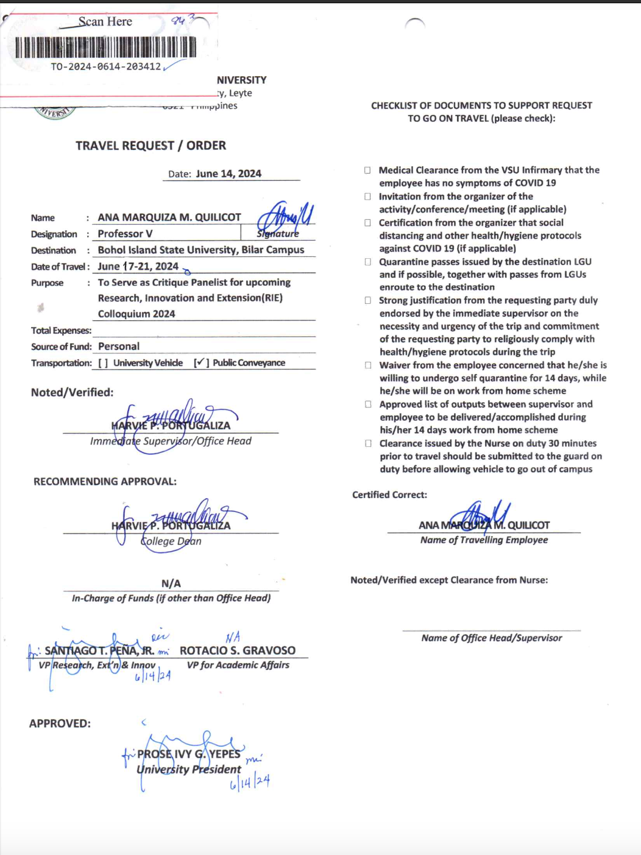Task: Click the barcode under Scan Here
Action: coord(105,47)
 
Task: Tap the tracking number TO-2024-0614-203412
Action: coord(105,66)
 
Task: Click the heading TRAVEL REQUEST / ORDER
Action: coord(151,146)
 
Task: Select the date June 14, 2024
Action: coord(228,174)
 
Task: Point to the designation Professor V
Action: coord(125,234)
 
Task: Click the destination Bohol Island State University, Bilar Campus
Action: coord(200,250)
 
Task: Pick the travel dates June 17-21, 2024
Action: coord(138,266)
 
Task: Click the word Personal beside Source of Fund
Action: coord(119,347)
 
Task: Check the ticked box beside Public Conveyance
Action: coord(200,363)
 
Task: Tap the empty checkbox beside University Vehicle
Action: coord(103,363)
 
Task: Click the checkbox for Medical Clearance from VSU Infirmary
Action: coord(367,171)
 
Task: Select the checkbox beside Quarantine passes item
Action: coord(367,262)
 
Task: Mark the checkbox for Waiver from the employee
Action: coord(367,365)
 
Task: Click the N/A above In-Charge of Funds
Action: coord(171,583)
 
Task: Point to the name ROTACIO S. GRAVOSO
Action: coord(238,650)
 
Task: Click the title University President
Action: coord(189,770)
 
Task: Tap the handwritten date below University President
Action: coord(249,783)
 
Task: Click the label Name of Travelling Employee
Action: coord(484,540)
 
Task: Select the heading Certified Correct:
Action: coord(389,495)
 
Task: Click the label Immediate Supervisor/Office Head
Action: coord(171,441)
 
